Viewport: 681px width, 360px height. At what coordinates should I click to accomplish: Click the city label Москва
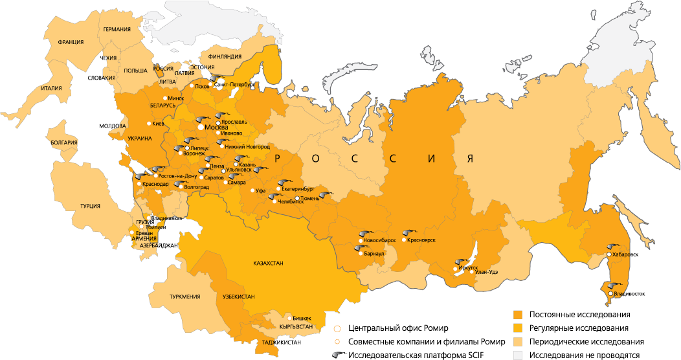coord(216,127)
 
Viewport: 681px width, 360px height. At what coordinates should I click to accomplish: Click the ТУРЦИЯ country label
coord(90,206)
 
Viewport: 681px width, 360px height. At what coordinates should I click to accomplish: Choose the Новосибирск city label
coord(379,240)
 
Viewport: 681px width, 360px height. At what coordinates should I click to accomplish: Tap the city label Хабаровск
coord(625,254)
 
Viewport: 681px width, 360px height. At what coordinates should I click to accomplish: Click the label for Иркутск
coord(467,267)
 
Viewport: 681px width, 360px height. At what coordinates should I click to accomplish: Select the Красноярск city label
coord(421,240)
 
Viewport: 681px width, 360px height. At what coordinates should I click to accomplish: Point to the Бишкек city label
coord(302,318)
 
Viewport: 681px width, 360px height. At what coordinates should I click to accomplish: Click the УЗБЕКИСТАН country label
coord(238,297)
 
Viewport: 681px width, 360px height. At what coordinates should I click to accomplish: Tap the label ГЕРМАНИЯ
coord(117,29)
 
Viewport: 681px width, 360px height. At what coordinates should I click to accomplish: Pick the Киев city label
coord(159,123)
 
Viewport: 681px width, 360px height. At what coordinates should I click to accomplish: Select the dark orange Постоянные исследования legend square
coord(517,315)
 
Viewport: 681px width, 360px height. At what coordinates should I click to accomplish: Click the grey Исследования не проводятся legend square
coord(517,355)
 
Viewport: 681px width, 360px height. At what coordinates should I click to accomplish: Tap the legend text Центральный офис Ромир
coord(397,328)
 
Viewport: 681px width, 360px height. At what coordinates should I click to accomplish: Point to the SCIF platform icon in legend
coord(335,355)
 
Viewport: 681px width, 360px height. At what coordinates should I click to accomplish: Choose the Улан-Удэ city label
coord(486,272)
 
